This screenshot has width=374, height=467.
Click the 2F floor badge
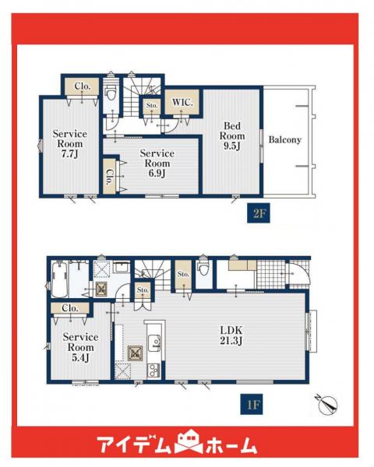tap(258, 213)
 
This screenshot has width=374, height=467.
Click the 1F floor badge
tap(252, 404)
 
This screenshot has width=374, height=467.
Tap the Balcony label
tap(285, 139)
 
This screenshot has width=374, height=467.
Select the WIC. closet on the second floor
tap(182, 102)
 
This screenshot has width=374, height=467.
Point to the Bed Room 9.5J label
tap(232, 135)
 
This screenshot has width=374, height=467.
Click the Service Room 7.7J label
tap(70, 144)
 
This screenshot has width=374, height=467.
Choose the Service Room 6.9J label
tap(157, 163)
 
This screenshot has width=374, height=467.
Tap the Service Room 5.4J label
tap(80, 347)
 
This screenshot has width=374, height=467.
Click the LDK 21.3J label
tap(231, 335)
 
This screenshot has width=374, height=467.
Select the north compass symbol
tap(327, 404)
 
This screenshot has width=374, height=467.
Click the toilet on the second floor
tap(111, 92)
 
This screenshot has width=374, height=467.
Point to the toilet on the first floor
tap(204, 269)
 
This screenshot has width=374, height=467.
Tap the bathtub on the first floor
tap(60, 279)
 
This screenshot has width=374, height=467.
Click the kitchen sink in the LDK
tap(154, 343)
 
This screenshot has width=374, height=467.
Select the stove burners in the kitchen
tap(153, 370)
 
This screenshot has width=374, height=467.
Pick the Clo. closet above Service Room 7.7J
tap(82, 86)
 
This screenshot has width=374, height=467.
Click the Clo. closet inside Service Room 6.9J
tap(109, 177)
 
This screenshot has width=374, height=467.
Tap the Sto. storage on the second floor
tap(152, 105)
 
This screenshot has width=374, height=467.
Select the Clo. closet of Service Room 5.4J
tap(70, 308)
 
